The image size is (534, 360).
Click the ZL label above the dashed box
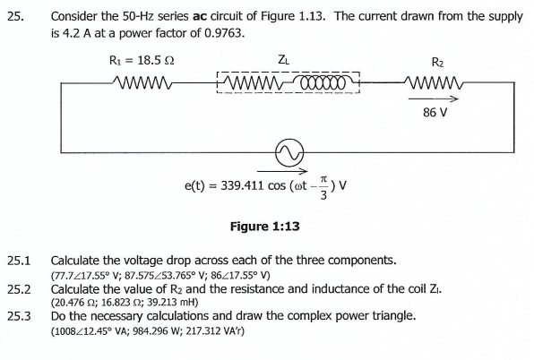coord(284,60)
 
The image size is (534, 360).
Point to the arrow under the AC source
coord(286,171)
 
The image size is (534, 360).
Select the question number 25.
coord(15,16)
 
